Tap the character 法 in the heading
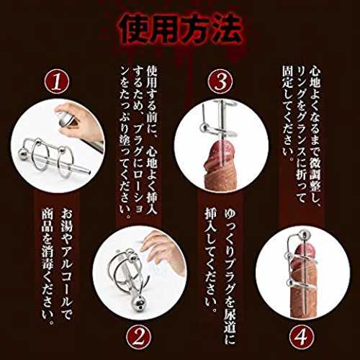click(224, 30)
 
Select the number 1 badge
click(57, 81)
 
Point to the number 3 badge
click(220, 81)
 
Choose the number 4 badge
click(302, 338)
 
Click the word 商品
click(48, 221)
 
